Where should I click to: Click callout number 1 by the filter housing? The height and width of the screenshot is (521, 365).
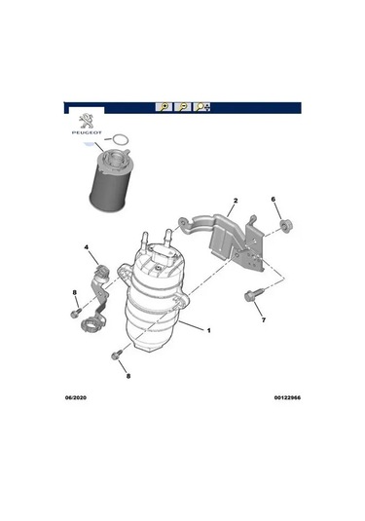pos(207,330)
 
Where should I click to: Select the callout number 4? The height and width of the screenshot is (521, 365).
pos(87,248)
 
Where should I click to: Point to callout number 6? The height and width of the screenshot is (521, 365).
pos(274,201)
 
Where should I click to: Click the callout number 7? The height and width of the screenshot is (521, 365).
pos(263,320)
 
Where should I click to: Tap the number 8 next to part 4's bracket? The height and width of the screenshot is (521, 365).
pos(74,293)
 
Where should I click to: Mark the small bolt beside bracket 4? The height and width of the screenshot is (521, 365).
pos(75,315)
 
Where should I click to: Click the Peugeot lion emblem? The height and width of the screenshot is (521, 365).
pos(87,121)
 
